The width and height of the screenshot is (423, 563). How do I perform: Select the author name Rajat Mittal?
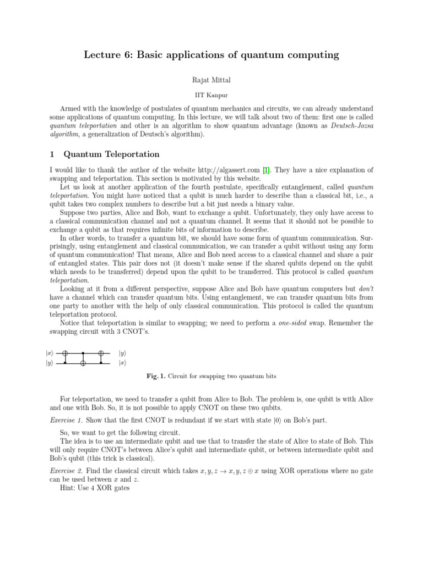211,80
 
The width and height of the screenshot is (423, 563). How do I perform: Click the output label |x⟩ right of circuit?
123,363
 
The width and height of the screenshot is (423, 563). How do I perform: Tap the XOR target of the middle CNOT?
83,363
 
